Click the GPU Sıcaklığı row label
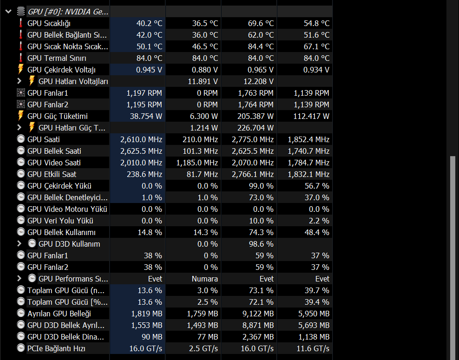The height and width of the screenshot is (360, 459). [49, 23]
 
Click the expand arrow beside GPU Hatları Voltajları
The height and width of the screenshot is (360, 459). [19, 81]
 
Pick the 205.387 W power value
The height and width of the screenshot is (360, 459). [253, 116]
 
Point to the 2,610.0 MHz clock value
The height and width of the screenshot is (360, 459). [141, 139]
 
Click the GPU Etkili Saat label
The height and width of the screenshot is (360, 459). [52, 174]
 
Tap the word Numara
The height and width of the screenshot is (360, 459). [204, 279]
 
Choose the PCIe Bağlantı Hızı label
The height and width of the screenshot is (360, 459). [56, 348]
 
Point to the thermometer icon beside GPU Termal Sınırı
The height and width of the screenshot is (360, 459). [20, 58]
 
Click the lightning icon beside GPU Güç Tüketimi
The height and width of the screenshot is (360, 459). [20, 116]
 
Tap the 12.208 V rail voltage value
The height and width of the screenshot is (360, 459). [258, 81]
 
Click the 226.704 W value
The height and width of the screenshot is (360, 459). [253, 128]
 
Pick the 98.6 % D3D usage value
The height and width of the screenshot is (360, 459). [262, 244]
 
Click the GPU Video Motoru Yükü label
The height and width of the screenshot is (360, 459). [67, 209]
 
